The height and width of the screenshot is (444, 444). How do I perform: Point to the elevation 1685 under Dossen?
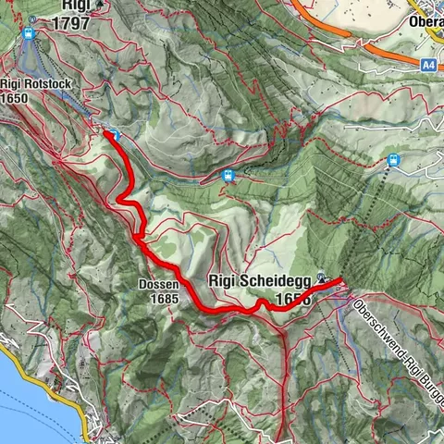154,299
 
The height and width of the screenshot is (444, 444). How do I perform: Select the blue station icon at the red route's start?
116,135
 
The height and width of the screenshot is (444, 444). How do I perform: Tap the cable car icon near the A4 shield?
394,160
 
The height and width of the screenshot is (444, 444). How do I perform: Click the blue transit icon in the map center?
228,176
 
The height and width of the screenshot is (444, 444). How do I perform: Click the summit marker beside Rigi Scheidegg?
321,276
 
